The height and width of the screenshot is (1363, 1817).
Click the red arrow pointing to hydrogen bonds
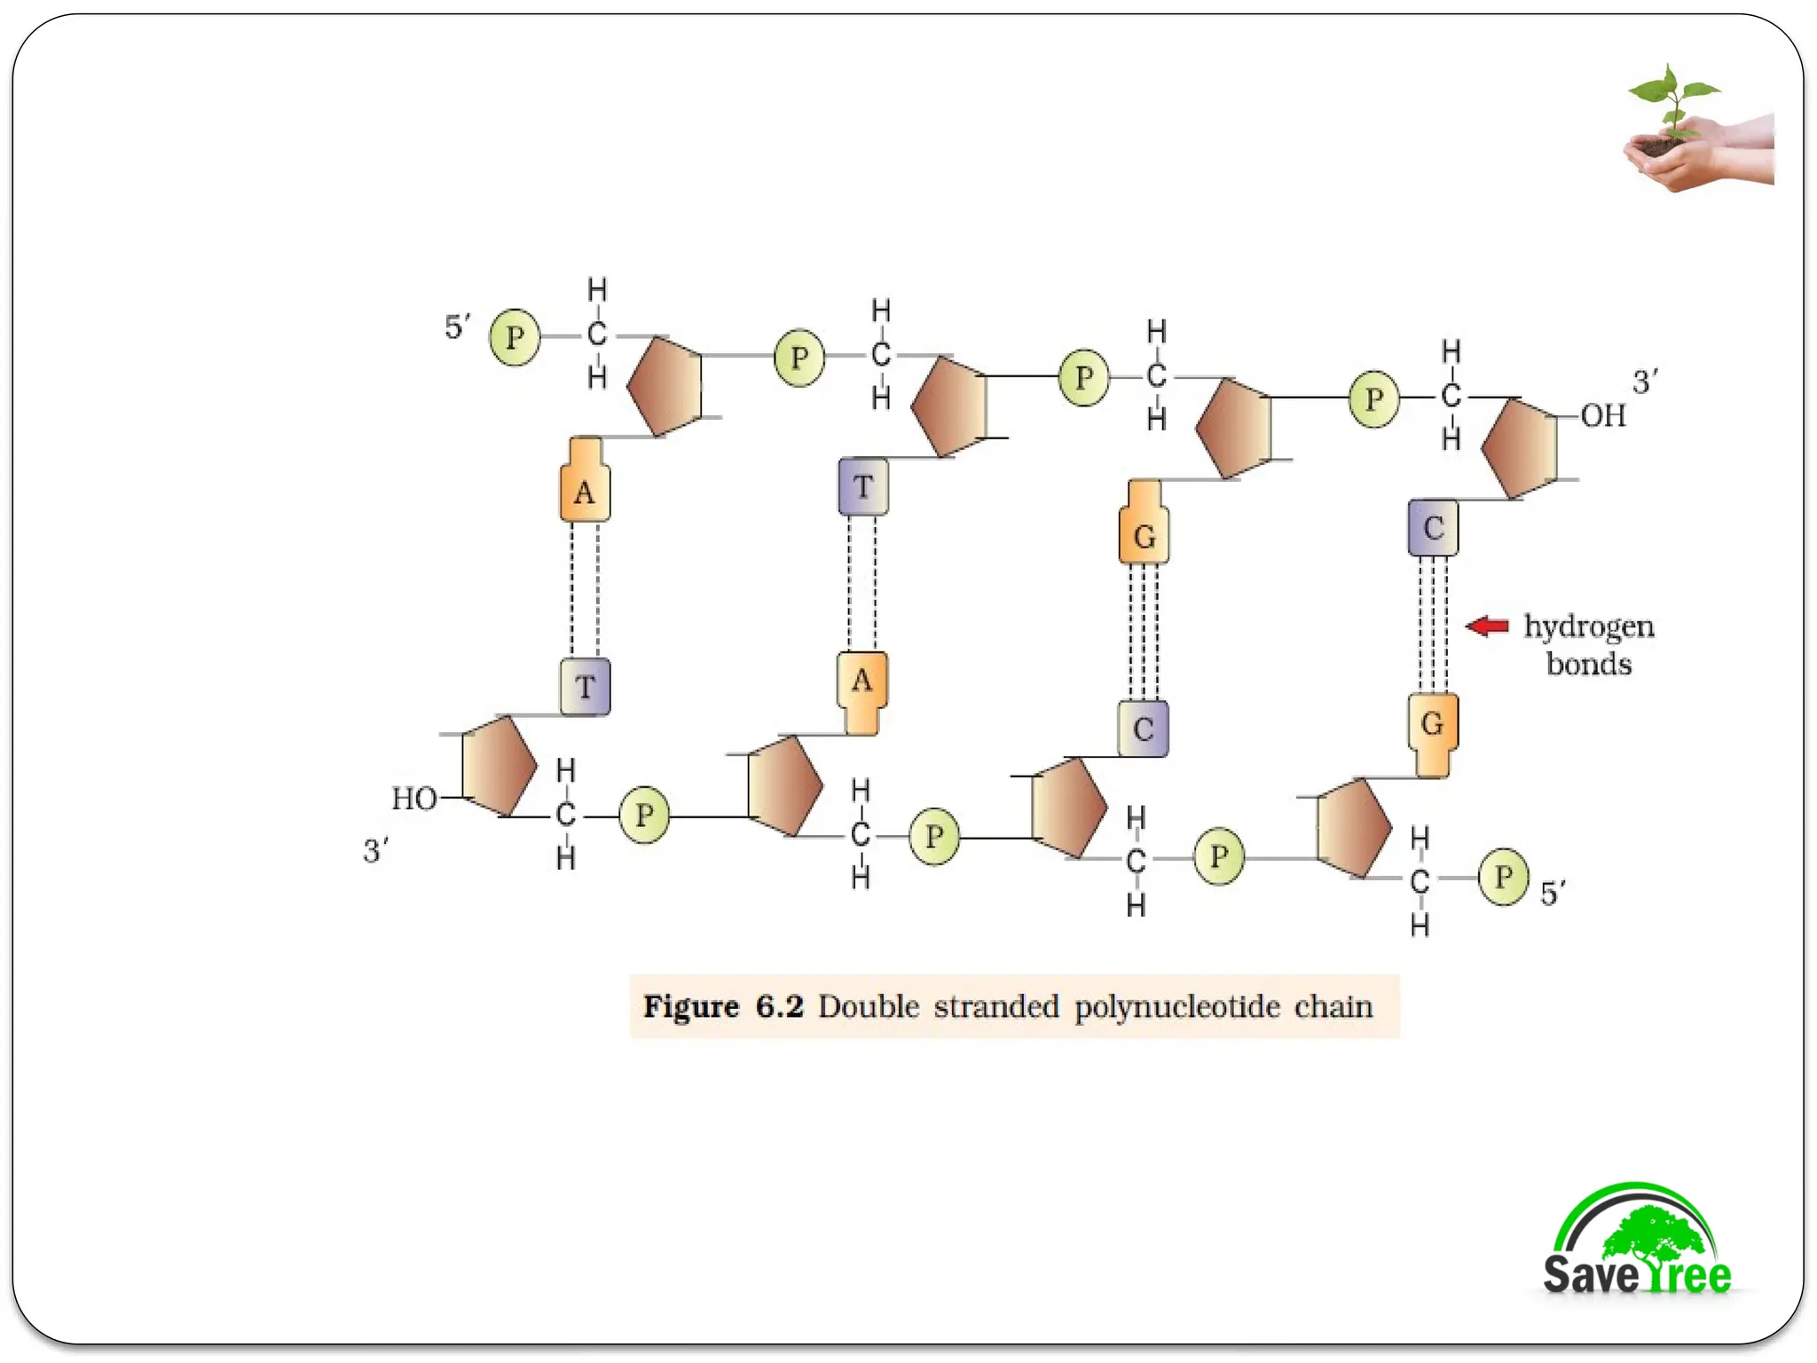tap(1488, 626)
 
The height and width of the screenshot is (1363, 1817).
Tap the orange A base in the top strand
tap(585, 491)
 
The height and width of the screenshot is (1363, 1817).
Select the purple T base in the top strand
tap(863, 486)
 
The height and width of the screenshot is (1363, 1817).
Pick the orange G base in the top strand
tap(1144, 535)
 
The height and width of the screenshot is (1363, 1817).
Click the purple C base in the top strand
tap(1433, 528)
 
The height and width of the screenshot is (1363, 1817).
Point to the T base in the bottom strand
tap(585, 687)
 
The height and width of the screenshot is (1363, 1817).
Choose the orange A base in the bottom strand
tap(861, 681)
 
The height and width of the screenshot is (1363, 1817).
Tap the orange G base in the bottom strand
tap(1432, 724)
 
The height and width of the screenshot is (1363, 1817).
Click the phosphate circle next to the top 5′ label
tap(515, 337)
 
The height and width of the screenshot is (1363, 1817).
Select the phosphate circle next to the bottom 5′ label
tap(1503, 877)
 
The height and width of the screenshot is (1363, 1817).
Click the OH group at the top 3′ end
tap(1603, 415)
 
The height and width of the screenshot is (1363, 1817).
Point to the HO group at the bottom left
tap(414, 799)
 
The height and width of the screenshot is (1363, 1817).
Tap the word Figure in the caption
tap(691, 1006)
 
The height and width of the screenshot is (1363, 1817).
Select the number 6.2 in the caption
tap(779, 1006)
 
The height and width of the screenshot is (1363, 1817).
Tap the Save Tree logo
tap(1637, 1242)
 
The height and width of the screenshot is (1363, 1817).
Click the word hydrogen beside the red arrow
tap(1588, 626)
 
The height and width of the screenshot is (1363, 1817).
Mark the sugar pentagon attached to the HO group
tap(499, 765)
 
